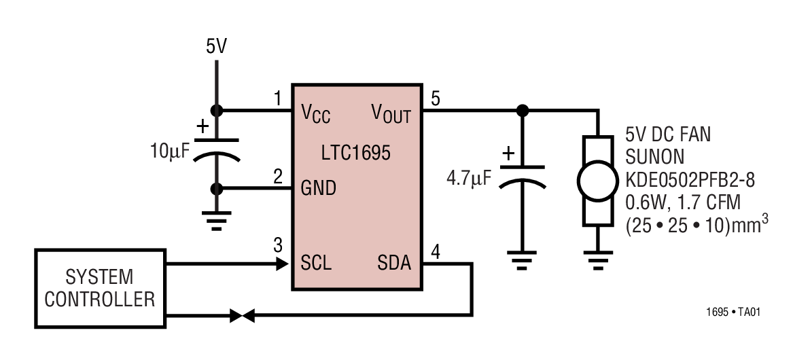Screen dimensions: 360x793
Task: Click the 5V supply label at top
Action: pos(217,47)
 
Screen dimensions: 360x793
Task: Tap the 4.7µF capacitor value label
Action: pos(468,179)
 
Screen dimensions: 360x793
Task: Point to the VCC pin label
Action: pos(315,113)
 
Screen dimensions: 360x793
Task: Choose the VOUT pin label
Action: pos(391,113)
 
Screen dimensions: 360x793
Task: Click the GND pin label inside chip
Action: pos(319,188)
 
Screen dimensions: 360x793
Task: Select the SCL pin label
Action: pos(316,262)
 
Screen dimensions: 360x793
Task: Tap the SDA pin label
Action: pos(394,262)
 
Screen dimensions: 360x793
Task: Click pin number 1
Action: pos(277,99)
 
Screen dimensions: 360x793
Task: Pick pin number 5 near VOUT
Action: pos(436,99)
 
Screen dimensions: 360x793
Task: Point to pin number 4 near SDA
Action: pos(436,251)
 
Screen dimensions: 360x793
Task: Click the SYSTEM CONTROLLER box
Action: pos(99,288)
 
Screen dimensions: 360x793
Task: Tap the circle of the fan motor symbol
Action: pos(596,180)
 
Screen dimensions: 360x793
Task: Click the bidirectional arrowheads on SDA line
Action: pos(242,315)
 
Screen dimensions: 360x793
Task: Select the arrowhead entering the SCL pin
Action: pos(282,264)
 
